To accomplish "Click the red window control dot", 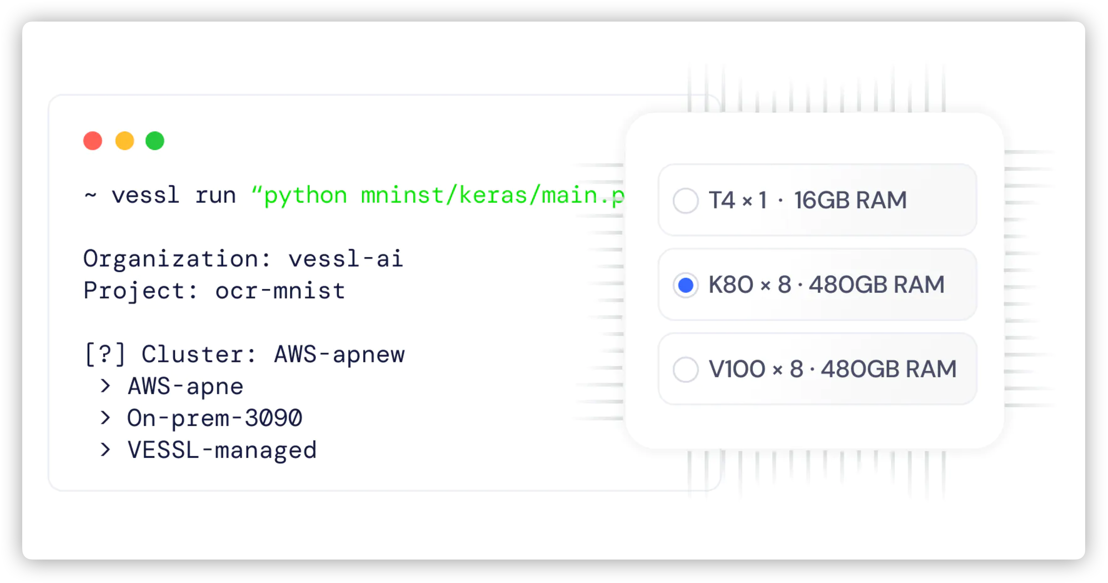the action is (93, 141).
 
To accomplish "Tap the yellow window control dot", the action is (125, 141).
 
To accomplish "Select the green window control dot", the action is (155, 141).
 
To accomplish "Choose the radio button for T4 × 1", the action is (686, 200).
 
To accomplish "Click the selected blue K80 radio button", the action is (686, 285).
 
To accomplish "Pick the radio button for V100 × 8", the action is (686, 369).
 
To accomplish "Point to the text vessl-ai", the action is (345, 259).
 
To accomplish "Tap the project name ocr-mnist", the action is (280, 291).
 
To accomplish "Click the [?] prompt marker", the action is (105, 355).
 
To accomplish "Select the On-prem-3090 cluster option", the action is (215, 418).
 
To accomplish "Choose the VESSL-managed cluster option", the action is (222, 450).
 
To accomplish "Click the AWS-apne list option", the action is (185, 386).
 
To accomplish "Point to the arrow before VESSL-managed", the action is (105, 450).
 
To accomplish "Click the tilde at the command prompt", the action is (90, 195).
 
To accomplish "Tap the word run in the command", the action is (215, 195).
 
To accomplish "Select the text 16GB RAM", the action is (850, 200).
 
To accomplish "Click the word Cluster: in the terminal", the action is (199, 355).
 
